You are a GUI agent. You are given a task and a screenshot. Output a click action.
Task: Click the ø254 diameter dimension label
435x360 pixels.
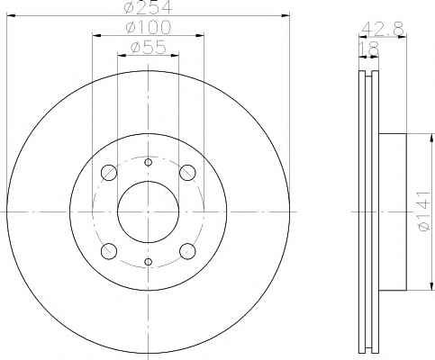click(x=148, y=7)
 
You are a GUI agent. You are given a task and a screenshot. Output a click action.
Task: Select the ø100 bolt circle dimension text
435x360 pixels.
click(x=148, y=28)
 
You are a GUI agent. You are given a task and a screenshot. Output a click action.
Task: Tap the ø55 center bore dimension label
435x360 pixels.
click(x=148, y=48)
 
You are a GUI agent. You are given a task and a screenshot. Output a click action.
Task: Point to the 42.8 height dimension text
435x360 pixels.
click(x=383, y=29)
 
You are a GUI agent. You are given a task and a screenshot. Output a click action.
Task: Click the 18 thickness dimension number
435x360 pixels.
click(x=369, y=49)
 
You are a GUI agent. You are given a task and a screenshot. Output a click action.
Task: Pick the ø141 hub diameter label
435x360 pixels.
click(x=426, y=211)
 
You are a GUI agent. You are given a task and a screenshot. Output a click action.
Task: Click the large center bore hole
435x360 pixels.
click(x=148, y=211)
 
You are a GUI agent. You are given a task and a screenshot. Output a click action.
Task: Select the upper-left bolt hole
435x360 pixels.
click(x=109, y=173)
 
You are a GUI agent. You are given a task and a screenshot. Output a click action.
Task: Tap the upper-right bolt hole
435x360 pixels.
click(x=187, y=173)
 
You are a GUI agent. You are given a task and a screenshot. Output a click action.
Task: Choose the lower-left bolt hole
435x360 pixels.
click(x=109, y=251)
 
